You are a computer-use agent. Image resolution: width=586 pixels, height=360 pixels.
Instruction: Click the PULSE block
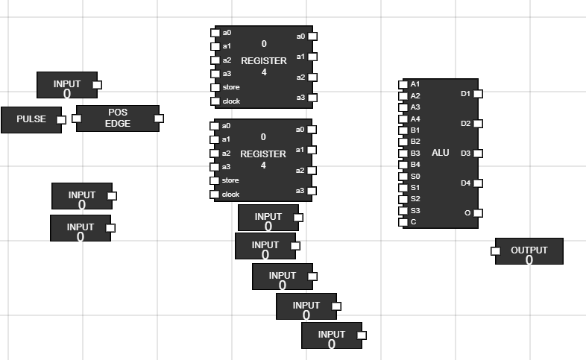(31, 119)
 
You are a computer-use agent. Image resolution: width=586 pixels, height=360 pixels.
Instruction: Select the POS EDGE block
(117, 119)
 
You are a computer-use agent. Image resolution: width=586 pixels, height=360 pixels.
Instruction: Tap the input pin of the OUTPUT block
(495, 251)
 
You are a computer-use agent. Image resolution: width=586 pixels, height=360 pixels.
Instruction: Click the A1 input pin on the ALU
(403, 84)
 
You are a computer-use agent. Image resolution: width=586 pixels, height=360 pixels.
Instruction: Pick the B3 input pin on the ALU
(403, 154)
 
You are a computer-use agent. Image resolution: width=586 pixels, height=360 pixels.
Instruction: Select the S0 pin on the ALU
(403, 176)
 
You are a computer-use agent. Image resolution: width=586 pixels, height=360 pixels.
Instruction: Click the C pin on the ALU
(403, 222)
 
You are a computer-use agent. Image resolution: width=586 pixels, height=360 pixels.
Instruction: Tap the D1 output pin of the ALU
(478, 94)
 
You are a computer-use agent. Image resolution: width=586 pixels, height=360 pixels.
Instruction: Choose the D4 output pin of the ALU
(478, 183)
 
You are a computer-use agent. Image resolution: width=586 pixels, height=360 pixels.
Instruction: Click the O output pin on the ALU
(478, 213)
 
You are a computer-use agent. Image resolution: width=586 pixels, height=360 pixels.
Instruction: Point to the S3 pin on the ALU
(403, 211)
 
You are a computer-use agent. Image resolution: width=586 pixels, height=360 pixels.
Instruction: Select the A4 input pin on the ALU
(403, 119)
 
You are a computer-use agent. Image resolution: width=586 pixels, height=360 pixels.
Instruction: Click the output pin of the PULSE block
(61, 119)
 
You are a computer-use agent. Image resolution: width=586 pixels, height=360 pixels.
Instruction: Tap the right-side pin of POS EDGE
(158, 119)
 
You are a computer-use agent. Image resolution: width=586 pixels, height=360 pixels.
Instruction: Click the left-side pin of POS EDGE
(77, 119)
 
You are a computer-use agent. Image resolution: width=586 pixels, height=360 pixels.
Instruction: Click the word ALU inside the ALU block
(441, 153)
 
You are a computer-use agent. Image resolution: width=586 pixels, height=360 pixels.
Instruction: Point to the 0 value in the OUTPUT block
(529, 260)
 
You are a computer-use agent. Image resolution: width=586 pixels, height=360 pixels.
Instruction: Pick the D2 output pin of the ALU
(478, 124)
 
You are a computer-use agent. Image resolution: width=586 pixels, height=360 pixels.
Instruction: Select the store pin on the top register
(215, 87)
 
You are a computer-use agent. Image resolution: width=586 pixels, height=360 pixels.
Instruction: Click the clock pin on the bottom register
(215, 195)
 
